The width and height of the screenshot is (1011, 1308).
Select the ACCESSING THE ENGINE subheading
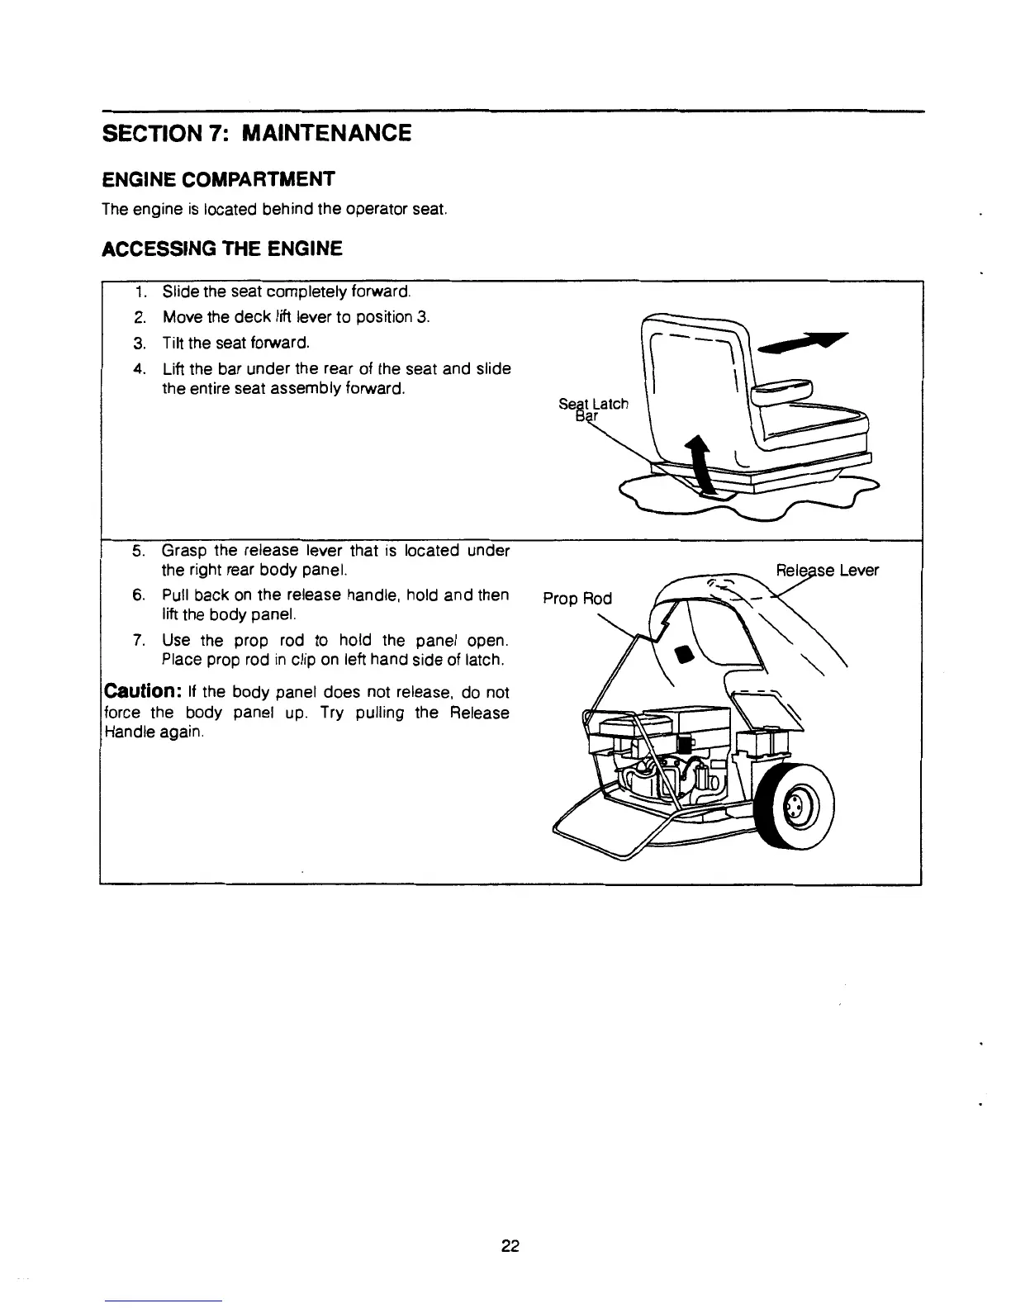click(221, 248)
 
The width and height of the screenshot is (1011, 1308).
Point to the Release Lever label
click(828, 571)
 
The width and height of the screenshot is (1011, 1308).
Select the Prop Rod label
click(577, 599)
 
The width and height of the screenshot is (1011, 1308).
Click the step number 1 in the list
click(141, 291)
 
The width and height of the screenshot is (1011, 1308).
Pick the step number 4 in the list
click(140, 368)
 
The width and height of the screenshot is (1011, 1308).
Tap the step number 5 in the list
click(140, 551)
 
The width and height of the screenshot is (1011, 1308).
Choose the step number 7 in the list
click(140, 641)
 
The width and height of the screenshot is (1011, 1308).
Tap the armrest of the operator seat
click(780, 388)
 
